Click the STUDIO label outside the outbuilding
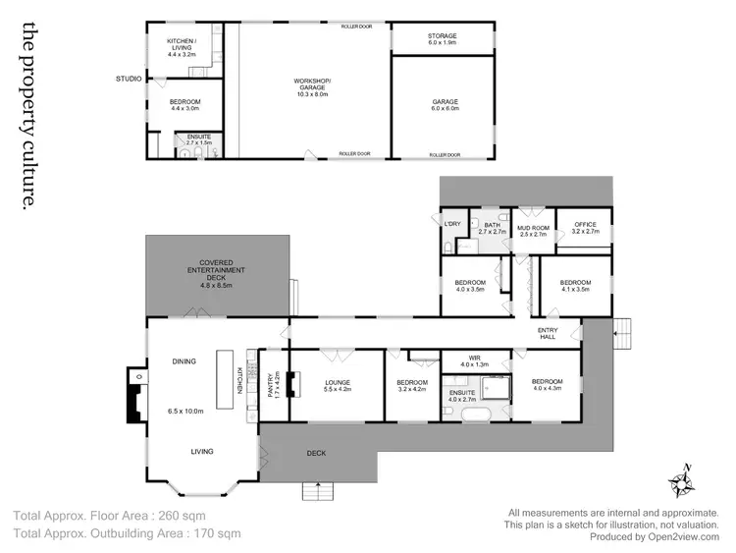[129, 79]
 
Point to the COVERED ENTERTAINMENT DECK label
[216, 276]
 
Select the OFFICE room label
[584, 229]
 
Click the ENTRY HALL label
[548, 332]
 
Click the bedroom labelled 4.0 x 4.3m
[548, 385]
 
